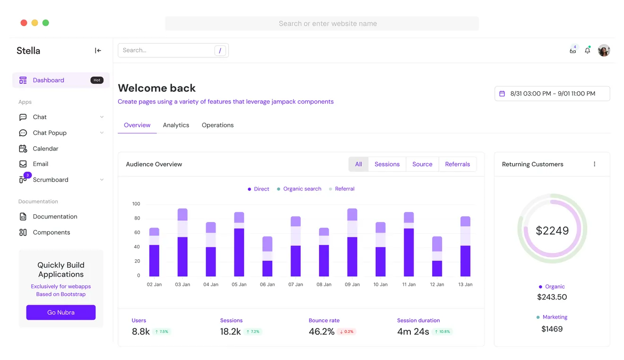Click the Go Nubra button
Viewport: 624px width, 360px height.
pyautogui.click(x=61, y=312)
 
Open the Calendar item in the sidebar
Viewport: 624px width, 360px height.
pyautogui.click(x=45, y=149)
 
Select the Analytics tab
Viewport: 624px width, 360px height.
pyautogui.click(x=176, y=125)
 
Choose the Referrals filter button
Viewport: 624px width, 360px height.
pyautogui.click(x=457, y=164)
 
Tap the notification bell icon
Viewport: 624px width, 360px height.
pyautogui.click(x=587, y=51)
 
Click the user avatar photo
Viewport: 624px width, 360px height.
pyautogui.click(x=604, y=51)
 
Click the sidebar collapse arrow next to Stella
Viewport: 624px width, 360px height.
pyautogui.click(x=98, y=51)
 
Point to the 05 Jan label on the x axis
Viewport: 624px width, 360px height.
pyautogui.click(x=239, y=284)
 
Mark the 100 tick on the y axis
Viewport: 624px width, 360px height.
pyautogui.click(x=136, y=204)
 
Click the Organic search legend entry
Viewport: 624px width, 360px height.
pyautogui.click(x=302, y=189)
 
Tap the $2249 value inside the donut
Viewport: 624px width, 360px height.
pyautogui.click(x=552, y=230)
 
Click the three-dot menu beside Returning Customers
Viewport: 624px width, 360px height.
pyautogui.click(x=594, y=164)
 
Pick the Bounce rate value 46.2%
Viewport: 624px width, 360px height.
pyautogui.click(x=321, y=332)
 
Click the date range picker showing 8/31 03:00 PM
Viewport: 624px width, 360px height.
pyautogui.click(x=552, y=94)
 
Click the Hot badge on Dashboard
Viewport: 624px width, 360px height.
pyautogui.click(x=97, y=80)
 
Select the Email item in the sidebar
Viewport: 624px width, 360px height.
pyautogui.click(x=41, y=164)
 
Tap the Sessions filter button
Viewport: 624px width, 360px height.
pyautogui.click(x=387, y=164)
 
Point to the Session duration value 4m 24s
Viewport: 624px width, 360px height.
pyautogui.click(x=413, y=332)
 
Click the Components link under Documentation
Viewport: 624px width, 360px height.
pyautogui.click(x=52, y=232)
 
